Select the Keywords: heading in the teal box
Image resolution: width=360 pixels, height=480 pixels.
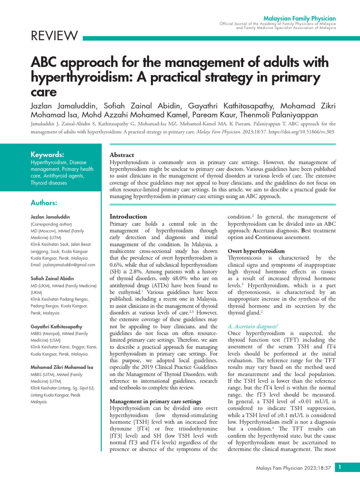[47, 154]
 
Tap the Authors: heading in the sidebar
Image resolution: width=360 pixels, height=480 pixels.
[44, 202]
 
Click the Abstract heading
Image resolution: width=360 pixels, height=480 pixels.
[121, 155]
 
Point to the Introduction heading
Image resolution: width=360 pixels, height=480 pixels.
[128, 217]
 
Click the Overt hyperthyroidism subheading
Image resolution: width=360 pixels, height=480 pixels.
[256, 251]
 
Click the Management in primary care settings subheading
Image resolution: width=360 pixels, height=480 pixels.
[155, 401]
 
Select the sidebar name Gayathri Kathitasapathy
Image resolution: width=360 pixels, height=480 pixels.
[57, 326]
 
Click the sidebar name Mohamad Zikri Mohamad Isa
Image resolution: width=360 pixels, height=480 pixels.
[62, 367]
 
